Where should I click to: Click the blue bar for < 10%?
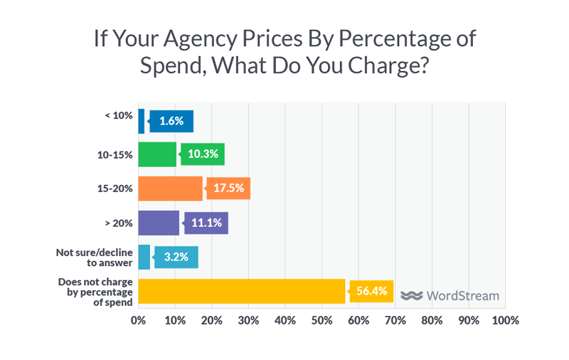point(141,121)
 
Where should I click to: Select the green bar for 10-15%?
point(156,154)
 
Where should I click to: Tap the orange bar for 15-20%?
point(170,189)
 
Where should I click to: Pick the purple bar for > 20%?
point(158,223)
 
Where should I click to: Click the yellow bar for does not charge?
point(241,291)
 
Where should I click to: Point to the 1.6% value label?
point(171,121)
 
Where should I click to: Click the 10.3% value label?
point(203,154)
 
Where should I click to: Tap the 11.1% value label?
point(206,223)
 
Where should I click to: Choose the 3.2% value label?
point(176,257)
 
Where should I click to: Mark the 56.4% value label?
point(371,291)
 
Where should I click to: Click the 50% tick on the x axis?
point(321,320)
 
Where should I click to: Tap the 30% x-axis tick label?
point(248,320)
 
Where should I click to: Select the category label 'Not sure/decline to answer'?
point(94,257)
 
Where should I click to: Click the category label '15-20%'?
point(114,189)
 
